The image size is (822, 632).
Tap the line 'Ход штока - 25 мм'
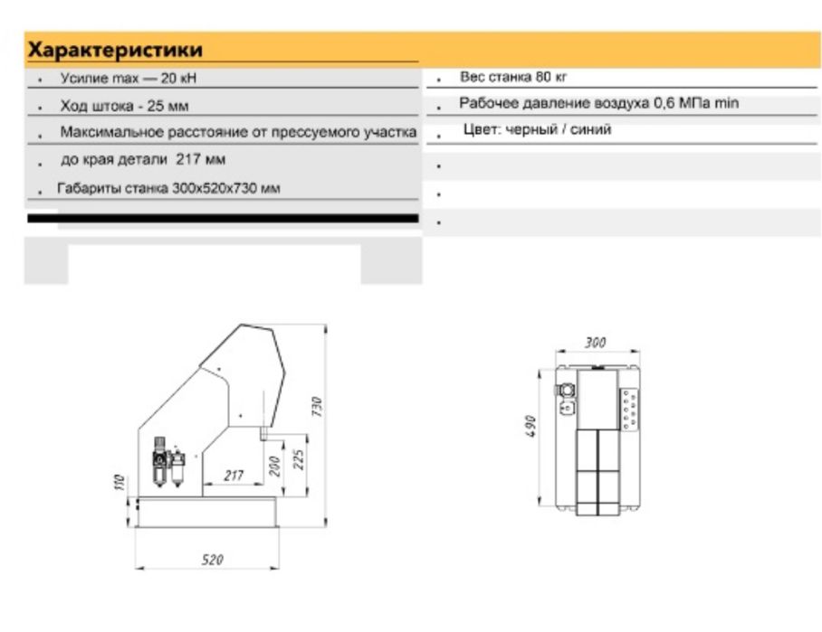124,107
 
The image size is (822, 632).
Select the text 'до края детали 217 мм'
143,160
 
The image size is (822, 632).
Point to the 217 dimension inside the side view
233,476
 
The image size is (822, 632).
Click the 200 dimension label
273,466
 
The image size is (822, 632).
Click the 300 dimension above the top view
595,343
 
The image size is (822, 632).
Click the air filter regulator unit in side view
167,464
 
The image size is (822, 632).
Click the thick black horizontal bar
223,218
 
